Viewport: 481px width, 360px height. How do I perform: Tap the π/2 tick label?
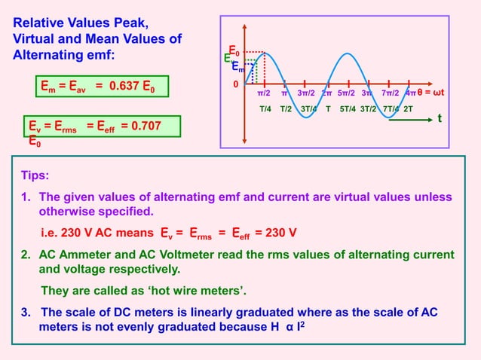(x=265, y=93)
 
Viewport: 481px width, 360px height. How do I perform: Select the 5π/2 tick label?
(x=347, y=93)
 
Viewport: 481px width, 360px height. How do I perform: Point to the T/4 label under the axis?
(x=265, y=108)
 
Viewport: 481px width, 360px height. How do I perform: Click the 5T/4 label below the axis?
(x=348, y=108)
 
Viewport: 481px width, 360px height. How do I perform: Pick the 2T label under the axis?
(x=408, y=108)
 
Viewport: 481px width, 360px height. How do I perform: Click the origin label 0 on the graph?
(x=234, y=84)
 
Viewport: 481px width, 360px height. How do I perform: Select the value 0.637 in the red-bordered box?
(x=124, y=87)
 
